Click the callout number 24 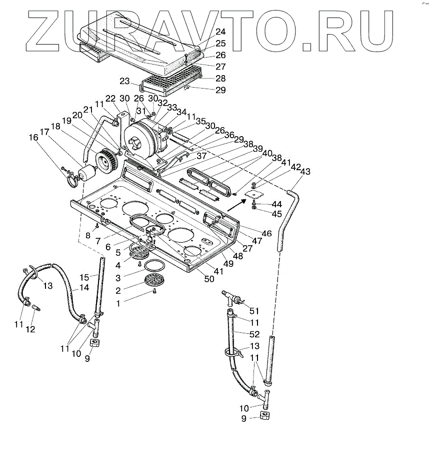pos(220,32)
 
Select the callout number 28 pos(220,79)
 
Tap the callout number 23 pos(124,81)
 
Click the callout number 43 pos(305,171)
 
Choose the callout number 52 pos(254,334)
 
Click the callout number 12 pos(30,329)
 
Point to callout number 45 pos(276,214)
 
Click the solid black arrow pos(235,203)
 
